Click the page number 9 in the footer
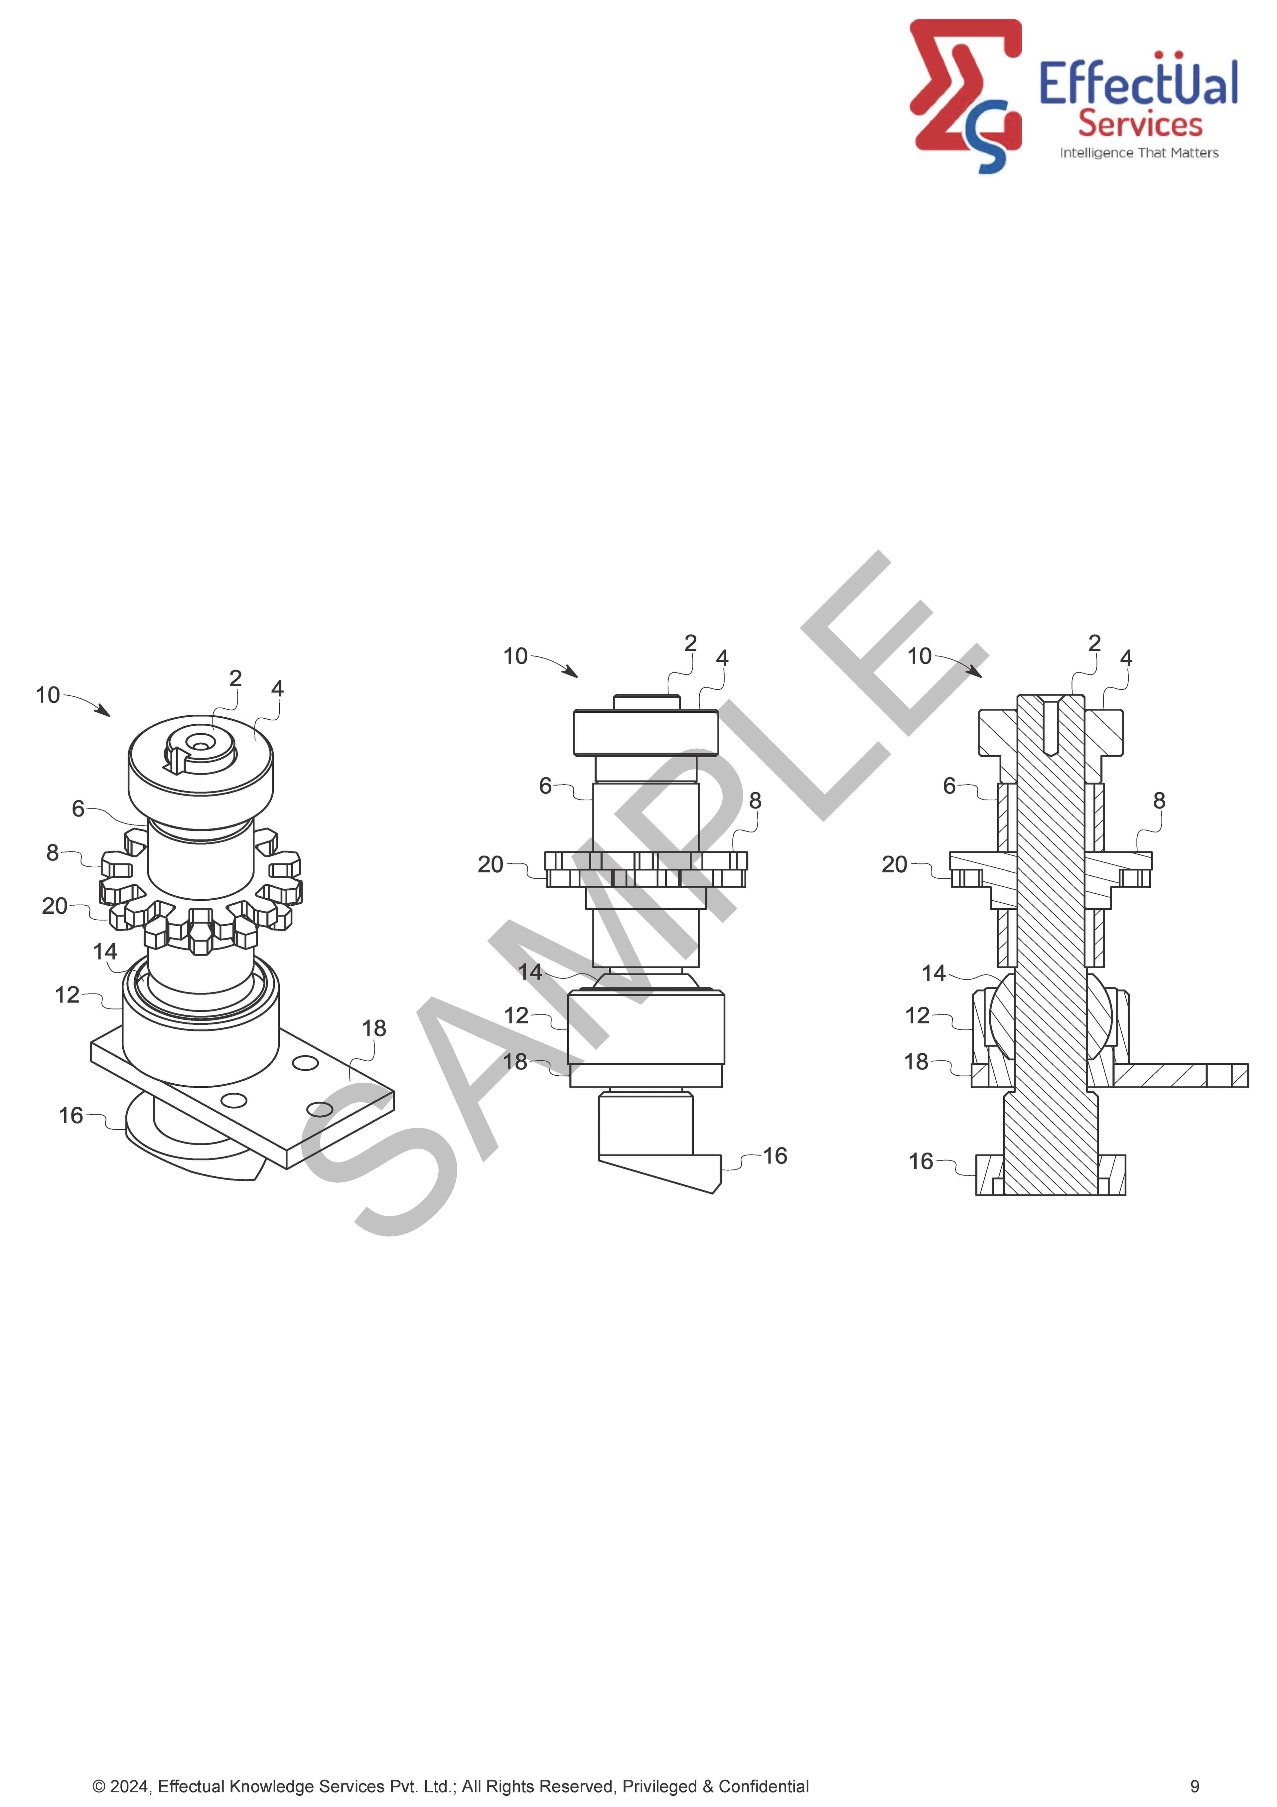pos(1195,1786)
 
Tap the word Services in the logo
pos(1140,124)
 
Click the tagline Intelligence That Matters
pos(1139,153)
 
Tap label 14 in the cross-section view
pos(934,974)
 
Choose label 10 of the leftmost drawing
pos(48,695)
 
